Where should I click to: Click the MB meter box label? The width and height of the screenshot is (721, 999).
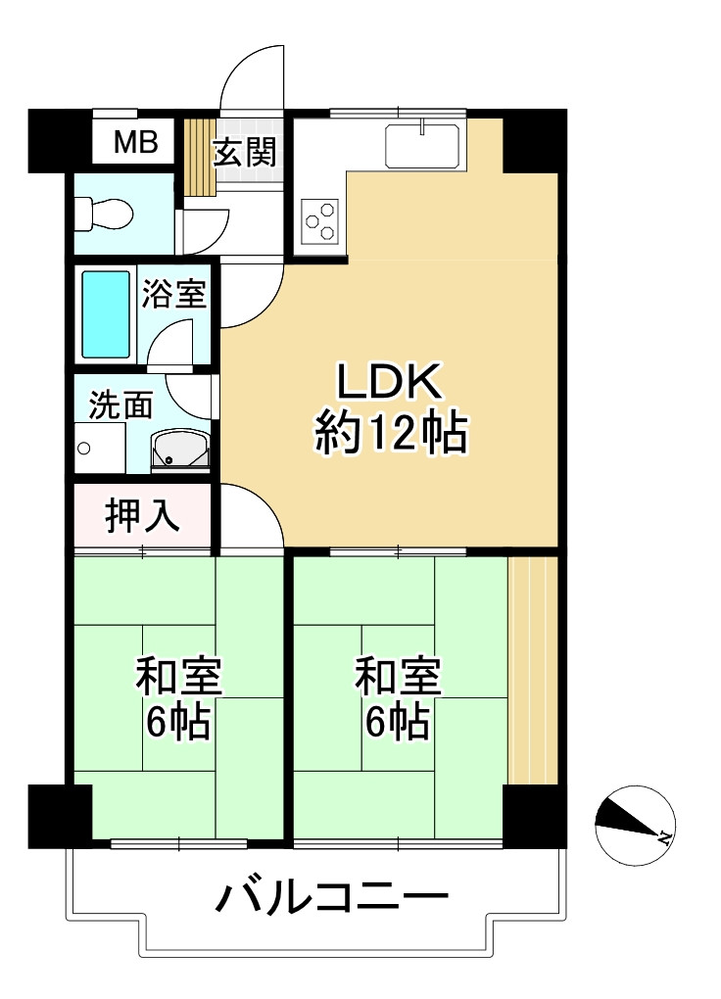tap(135, 143)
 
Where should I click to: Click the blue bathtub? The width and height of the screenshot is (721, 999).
tap(105, 314)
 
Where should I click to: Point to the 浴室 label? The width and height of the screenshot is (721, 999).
tap(174, 293)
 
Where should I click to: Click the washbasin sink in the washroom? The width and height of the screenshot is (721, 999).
tap(179, 450)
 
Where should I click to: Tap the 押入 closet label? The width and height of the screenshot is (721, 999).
tap(142, 515)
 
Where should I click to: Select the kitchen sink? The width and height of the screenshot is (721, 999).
tap(424, 146)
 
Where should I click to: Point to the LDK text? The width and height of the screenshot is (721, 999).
tap(391, 382)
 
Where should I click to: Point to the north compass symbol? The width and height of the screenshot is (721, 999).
tap(635, 826)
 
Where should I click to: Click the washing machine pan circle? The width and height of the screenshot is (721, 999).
tap(84, 450)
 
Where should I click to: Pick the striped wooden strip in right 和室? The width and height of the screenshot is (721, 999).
tap(533, 671)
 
